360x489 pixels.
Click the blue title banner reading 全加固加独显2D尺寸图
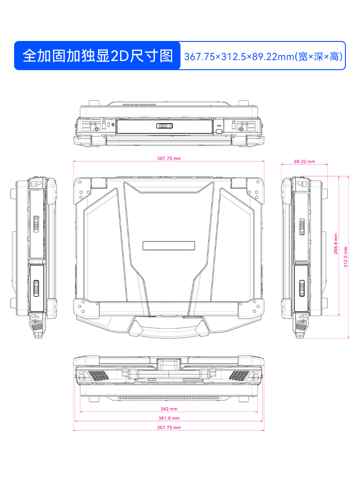[98, 56]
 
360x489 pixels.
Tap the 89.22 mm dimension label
[304, 161]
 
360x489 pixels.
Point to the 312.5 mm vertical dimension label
[345, 257]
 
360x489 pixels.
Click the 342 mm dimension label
[169, 409]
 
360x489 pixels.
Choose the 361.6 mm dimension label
[169, 418]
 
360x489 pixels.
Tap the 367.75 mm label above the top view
[169, 158]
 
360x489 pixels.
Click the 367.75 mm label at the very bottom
[169, 428]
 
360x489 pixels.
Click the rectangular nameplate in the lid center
[169, 245]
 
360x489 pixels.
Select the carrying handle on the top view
[169, 326]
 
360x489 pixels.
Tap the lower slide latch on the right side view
[301, 289]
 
